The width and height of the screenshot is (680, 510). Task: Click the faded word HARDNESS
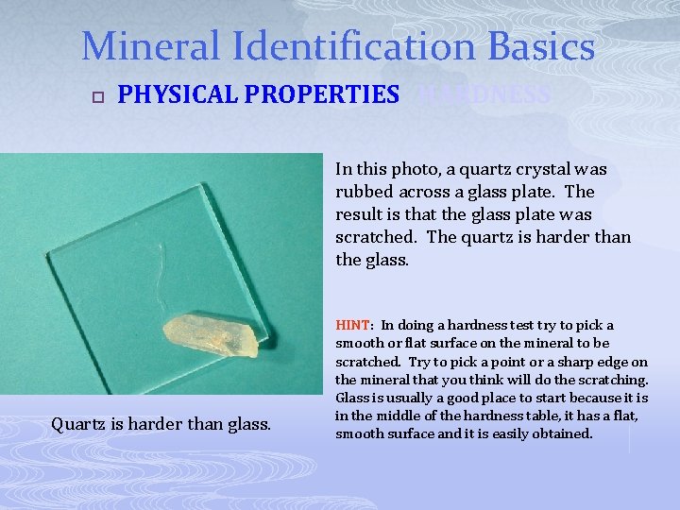[x=484, y=94]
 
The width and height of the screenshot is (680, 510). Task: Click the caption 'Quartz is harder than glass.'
[x=161, y=425]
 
